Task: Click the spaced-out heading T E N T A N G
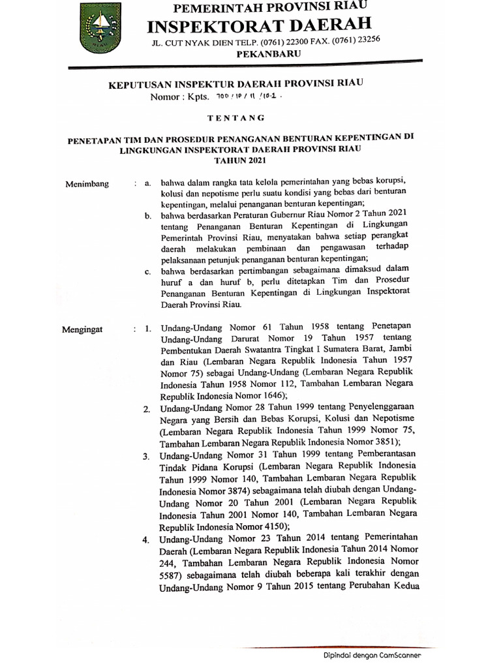[x=235, y=118]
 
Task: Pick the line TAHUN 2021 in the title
[x=241, y=159]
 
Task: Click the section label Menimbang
[x=87, y=185]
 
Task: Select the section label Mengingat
[x=83, y=329]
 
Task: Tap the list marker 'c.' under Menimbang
[x=148, y=271]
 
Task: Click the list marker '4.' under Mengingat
[x=147, y=539]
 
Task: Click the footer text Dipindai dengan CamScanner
[x=372, y=656]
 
